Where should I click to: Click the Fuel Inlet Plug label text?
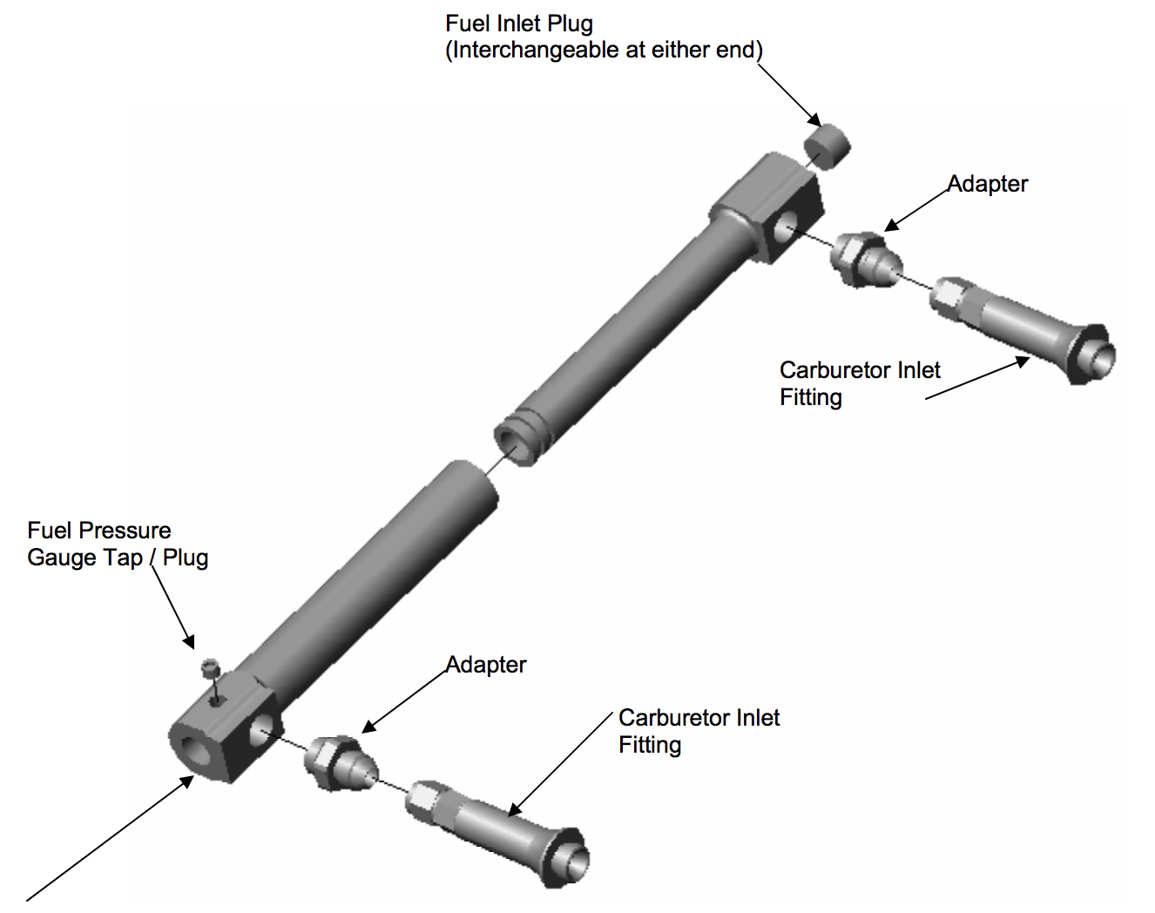604,37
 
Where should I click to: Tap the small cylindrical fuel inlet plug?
826,145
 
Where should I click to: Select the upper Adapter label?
988,184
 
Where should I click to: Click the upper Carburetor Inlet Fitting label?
859,383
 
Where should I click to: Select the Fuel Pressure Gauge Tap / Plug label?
118,544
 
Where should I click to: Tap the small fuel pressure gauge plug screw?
209,669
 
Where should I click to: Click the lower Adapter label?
486,665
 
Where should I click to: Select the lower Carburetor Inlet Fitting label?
699,731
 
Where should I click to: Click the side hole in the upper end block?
783,227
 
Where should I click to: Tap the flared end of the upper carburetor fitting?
1096,355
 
